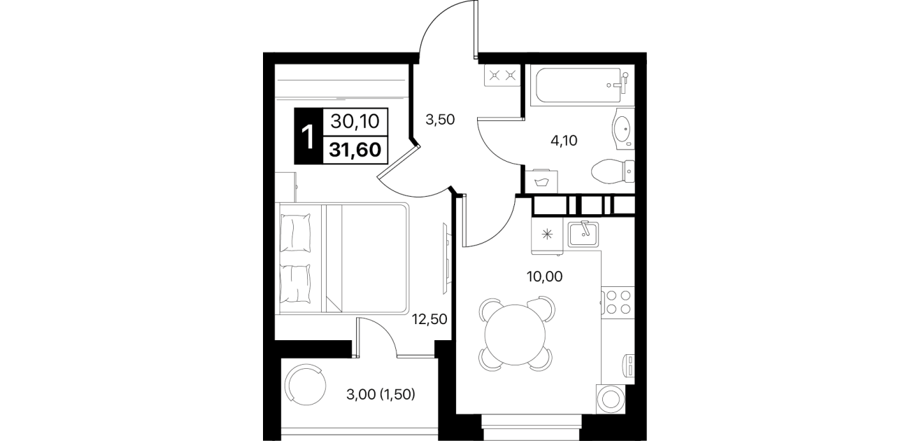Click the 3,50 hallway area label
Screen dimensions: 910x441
click(x=440, y=120)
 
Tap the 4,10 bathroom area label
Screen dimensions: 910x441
click(x=564, y=141)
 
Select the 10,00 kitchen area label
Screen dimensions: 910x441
click(x=545, y=276)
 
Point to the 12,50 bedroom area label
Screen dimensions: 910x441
click(x=429, y=319)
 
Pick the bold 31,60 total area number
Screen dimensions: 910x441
click(x=355, y=150)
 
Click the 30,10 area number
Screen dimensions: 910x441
click(x=355, y=121)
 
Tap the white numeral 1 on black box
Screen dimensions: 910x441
click(x=308, y=137)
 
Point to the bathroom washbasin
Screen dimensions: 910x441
click(x=623, y=129)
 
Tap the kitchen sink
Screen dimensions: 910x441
click(x=583, y=234)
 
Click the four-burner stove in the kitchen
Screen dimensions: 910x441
click(x=618, y=302)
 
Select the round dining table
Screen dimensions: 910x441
click(x=515, y=335)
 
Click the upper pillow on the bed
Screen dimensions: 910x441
click(x=295, y=233)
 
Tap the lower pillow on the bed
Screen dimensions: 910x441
click(x=295, y=283)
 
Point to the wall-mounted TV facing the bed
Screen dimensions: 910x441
click(x=446, y=258)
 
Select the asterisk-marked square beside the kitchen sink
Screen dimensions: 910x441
click(x=548, y=234)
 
